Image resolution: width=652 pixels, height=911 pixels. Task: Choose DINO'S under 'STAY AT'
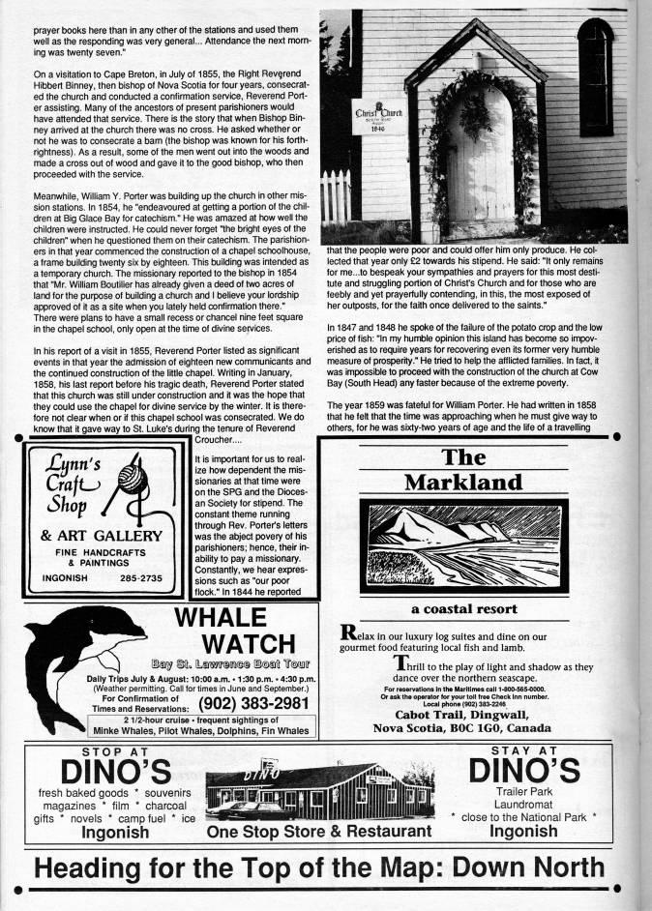click(523, 771)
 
